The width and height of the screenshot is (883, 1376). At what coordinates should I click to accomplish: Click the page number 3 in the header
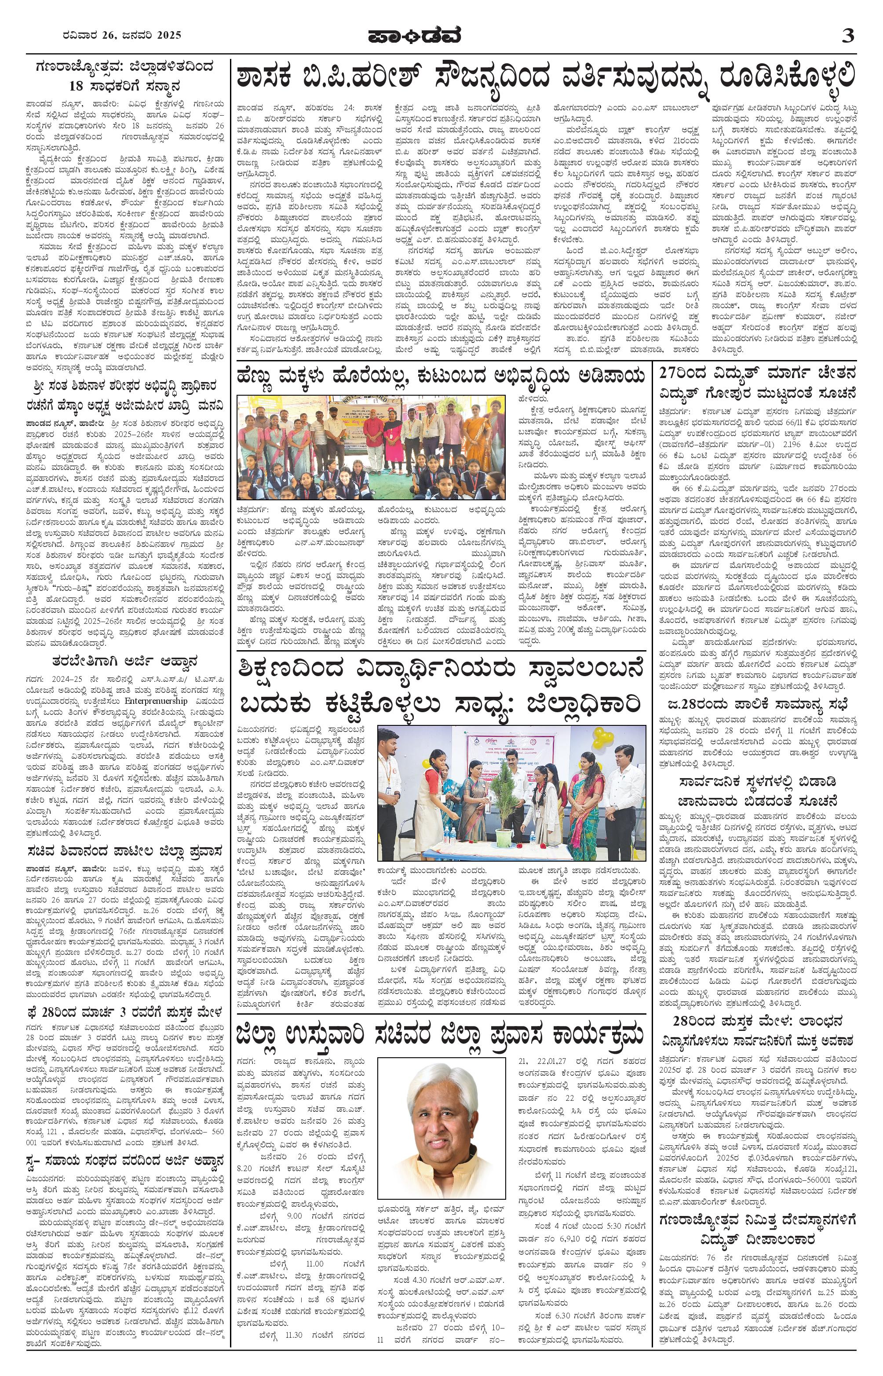(848, 36)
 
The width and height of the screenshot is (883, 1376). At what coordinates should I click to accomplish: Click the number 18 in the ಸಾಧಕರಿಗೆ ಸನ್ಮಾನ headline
(76, 87)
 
